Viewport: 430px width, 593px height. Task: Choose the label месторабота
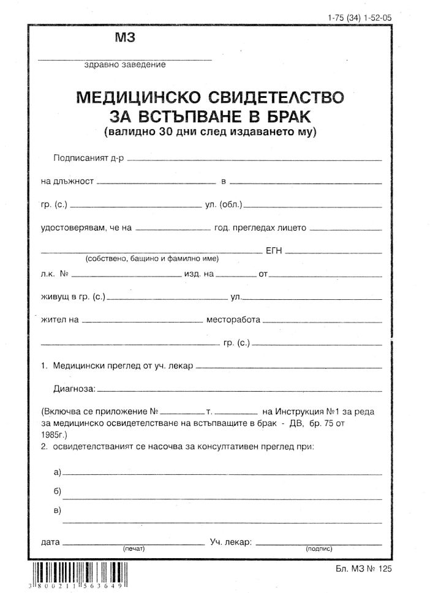coord(233,319)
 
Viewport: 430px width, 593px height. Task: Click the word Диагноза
coord(75,388)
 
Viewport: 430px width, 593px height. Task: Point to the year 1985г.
coord(53,434)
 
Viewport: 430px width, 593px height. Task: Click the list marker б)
coord(58,491)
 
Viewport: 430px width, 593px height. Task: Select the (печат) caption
coord(133,549)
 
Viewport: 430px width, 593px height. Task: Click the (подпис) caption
coord(318,549)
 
